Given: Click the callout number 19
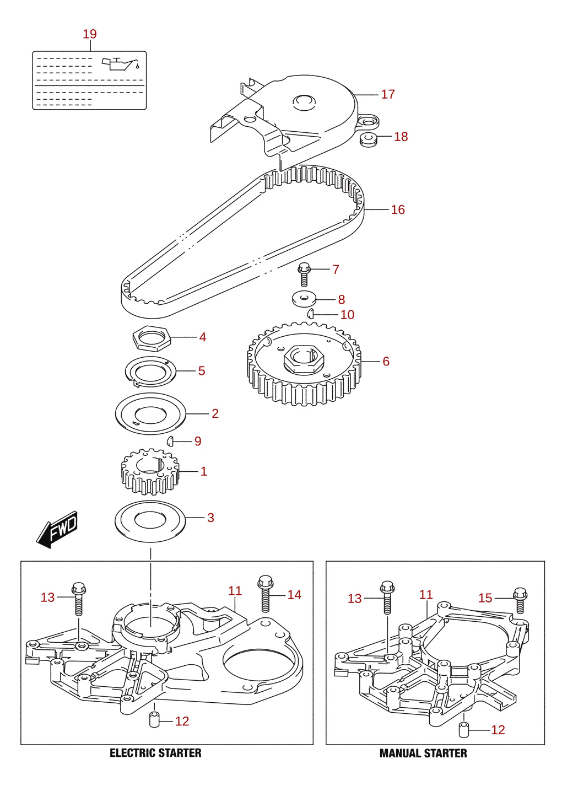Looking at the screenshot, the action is [90, 34].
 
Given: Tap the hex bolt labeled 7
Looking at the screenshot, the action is [304, 274].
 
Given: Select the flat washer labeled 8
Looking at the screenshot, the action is [304, 299].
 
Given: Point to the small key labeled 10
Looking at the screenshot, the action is [310, 313].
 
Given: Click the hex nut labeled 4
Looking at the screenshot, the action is [151, 338].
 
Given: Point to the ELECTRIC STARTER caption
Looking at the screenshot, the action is [155, 753].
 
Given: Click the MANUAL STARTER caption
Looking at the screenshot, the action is [423, 753].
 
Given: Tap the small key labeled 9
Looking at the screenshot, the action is [170, 441].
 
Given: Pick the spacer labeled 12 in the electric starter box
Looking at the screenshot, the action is [154, 720].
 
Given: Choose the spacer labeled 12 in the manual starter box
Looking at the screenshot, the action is [463, 730].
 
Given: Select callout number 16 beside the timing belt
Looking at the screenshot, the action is [398, 209].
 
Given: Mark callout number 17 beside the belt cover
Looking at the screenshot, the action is [388, 94].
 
